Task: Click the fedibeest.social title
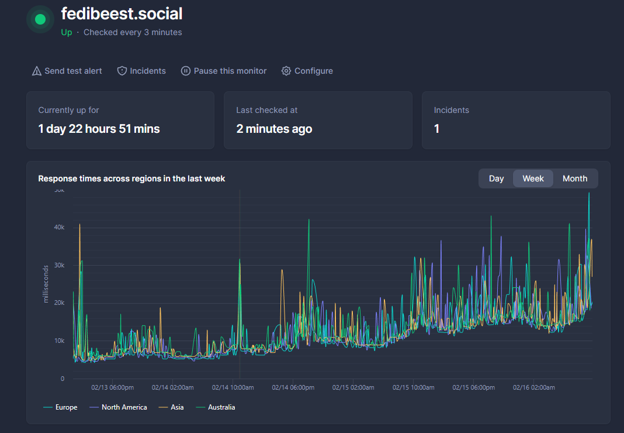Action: click(x=122, y=13)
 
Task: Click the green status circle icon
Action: click(x=40, y=19)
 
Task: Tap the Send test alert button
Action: click(x=67, y=71)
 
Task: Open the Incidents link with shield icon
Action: click(x=141, y=71)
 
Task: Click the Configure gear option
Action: click(x=307, y=71)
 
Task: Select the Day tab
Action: click(x=496, y=178)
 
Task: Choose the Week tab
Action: click(x=533, y=178)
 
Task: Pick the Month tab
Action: click(x=574, y=178)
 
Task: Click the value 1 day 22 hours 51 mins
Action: click(x=99, y=129)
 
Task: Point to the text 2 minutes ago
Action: click(x=274, y=129)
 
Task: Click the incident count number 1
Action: click(x=436, y=129)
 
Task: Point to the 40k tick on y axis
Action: click(x=58, y=227)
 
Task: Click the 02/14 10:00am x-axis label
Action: click(x=233, y=387)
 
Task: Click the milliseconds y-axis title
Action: click(x=46, y=284)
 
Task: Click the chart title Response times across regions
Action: click(x=131, y=178)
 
